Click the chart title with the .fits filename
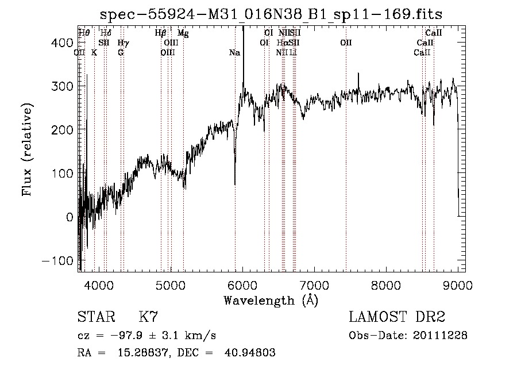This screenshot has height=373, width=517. click(x=271, y=14)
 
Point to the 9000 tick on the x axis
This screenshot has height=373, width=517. click(x=458, y=284)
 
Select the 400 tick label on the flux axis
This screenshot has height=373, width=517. click(x=64, y=43)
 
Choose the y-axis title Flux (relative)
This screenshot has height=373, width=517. click(x=27, y=149)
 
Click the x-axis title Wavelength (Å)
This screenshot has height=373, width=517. click(x=271, y=300)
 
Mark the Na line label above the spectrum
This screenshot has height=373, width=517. click(x=234, y=53)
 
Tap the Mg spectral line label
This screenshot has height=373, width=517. click(x=183, y=33)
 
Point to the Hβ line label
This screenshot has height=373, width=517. click(x=161, y=33)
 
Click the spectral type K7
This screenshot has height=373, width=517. click(x=148, y=317)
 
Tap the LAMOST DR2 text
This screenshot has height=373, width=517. click(x=397, y=317)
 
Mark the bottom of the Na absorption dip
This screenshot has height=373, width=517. click(x=235, y=184)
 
